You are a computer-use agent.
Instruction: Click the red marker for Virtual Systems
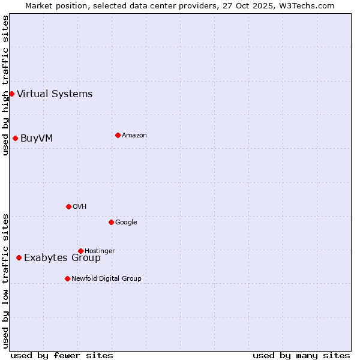point(11,94)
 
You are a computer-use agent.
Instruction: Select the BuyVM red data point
point(15,138)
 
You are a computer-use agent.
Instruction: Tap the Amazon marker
point(118,135)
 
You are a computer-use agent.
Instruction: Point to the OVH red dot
point(68,206)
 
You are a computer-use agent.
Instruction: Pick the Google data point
point(111,222)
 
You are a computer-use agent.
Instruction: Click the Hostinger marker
point(80,251)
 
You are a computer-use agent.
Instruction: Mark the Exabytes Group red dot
point(19,257)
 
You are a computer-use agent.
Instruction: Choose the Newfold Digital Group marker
point(67,278)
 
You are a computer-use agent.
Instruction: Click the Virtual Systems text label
point(55,94)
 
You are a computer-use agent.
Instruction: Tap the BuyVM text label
point(37,138)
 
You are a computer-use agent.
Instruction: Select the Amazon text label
point(134,135)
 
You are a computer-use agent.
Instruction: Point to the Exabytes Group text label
point(62,258)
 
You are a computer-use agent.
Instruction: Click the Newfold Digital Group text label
point(106,278)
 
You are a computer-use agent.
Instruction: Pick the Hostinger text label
point(100,251)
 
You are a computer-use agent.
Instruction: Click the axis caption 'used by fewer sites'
point(62,355)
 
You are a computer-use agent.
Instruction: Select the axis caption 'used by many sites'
point(301,355)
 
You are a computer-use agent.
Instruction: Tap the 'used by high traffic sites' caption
point(5,85)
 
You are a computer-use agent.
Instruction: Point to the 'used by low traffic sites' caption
point(5,281)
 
